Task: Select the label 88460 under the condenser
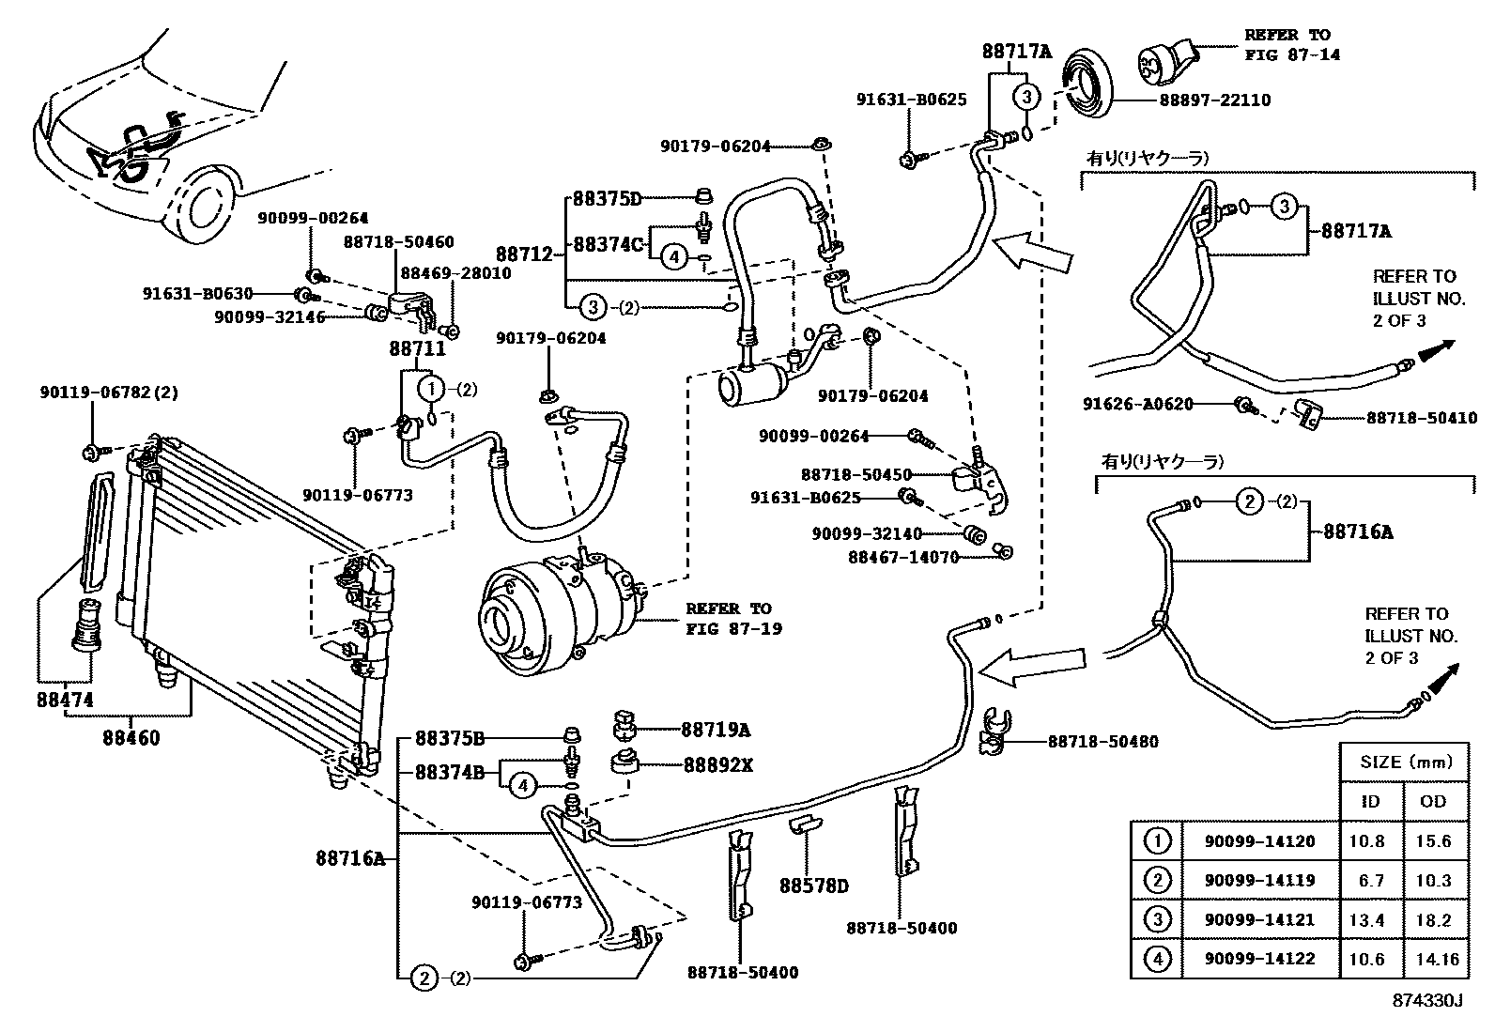[x=131, y=737]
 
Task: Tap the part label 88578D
[x=814, y=886]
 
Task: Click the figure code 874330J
[x=1427, y=1000]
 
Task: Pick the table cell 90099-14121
[x=1259, y=920]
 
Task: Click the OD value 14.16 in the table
[x=1434, y=960]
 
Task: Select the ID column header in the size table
[x=1371, y=801]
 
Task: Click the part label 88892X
[x=717, y=765]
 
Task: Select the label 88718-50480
[x=1102, y=742]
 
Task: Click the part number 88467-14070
[x=902, y=556]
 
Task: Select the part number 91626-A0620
[x=1137, y=404]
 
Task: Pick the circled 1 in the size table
[x=1158, y=841]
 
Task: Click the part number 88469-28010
[x=455, y=273]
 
